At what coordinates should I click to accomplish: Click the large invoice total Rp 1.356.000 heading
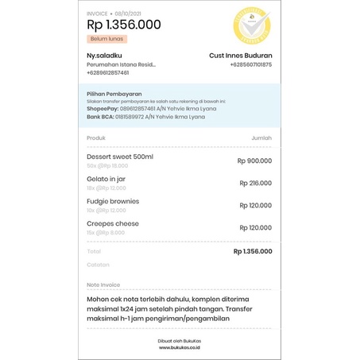pyautogui.click(x=123, y=25)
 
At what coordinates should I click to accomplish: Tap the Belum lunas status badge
pyautogui.click(x=106, y=38)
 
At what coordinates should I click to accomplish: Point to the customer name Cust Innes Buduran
pyautogui.click(x=240, y=55)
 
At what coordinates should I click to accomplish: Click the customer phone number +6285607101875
pyautogui.click(x=250, y=64)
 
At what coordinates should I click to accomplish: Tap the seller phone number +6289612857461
pyautogui.click(x=108, y=72)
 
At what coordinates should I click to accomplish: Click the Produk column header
pyautogui.click(x=95, y=137)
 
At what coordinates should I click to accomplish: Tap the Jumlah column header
pyautogui.click(x=261, y=137)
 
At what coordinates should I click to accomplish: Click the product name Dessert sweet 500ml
pyautogui.click(x=120, y=157)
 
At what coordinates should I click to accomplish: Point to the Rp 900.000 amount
pyautogui.click(x=254, y=161)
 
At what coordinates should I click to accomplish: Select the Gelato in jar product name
pyautogui.click(x=106, y=179)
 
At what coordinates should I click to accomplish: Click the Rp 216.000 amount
pyautogui.click(x=255, y=183)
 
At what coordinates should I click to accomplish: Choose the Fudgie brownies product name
pyautogui.click(x=113, y=201)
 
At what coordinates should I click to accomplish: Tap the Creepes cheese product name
pyautogui.click(x=112, y=223)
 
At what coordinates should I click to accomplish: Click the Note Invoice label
pyautogui.click(x=103, y=284)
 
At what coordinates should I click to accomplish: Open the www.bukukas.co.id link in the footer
pyautogui.click(x=180, y=347)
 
